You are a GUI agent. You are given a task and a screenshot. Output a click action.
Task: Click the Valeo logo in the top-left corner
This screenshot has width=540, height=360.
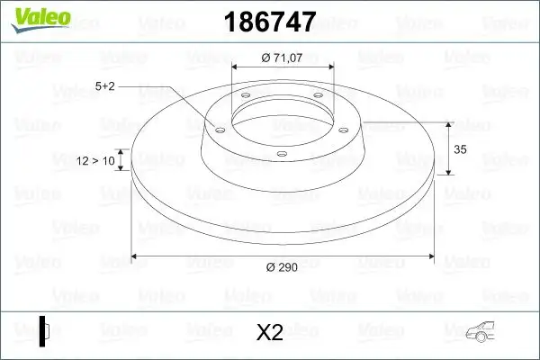coord(35,20)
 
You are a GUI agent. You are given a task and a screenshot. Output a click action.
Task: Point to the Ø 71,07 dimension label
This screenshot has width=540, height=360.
coord(282,58)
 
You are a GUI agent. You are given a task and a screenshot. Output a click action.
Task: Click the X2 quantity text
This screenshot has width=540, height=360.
coord(270,333)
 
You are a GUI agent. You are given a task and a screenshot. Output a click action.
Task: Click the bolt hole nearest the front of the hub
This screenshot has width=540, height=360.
coord(282,154)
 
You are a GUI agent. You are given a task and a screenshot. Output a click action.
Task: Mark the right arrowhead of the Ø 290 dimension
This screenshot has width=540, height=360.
coord(429,257)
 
